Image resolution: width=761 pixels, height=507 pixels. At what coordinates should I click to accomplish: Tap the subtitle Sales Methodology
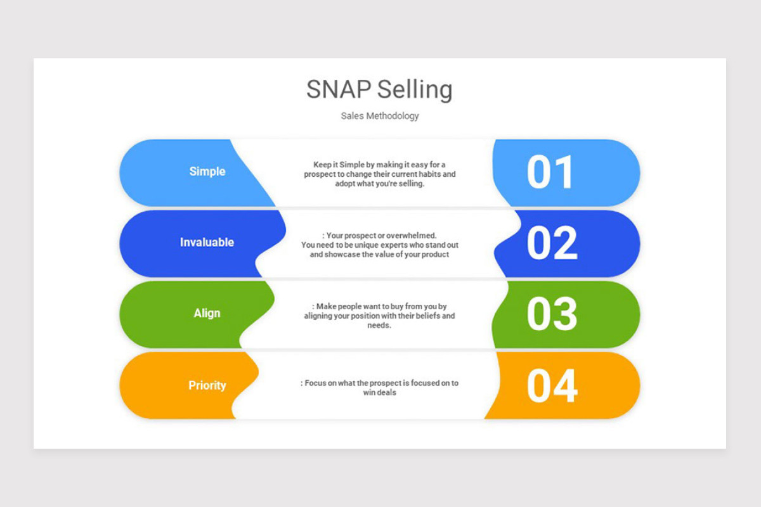(380, 116)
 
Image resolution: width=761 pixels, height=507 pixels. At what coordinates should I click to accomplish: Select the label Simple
(207, 172)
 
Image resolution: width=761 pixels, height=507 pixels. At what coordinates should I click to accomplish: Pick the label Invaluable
(207, 243)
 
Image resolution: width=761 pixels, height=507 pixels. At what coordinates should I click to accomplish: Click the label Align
(207, 313)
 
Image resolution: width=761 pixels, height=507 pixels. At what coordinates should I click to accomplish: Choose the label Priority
(207, 385)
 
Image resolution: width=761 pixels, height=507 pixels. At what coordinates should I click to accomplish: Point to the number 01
(550, 173)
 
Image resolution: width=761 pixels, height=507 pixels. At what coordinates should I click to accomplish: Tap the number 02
(552, 244)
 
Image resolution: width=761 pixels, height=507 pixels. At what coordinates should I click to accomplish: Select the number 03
(552, 315)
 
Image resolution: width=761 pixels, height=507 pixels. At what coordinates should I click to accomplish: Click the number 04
(552, 386)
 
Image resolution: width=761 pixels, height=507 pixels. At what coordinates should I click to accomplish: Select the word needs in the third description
(379, 325)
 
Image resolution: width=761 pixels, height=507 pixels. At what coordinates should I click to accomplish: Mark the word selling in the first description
(410, 184)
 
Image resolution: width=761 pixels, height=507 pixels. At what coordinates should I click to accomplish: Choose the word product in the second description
(435, 255)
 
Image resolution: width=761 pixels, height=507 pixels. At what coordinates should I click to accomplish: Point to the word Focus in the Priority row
(315, 383)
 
